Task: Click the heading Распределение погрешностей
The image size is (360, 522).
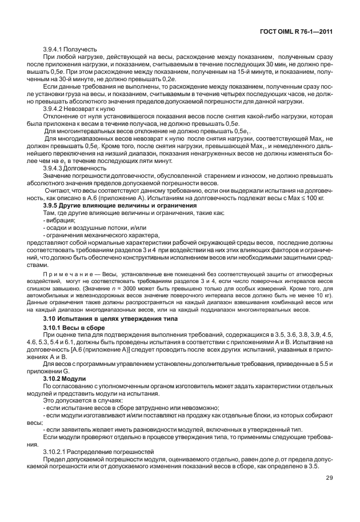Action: click(107, 451)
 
